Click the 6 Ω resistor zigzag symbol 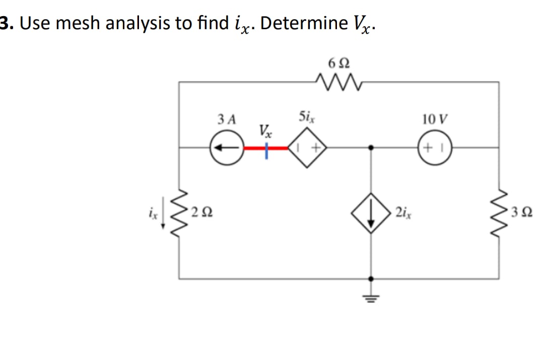[336, 81]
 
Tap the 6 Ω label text [336, 64]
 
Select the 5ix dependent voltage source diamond [307, 148]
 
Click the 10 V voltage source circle [436, 148]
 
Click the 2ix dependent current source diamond [372, 212]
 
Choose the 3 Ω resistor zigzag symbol [499, 212]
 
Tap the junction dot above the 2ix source [372, 148]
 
